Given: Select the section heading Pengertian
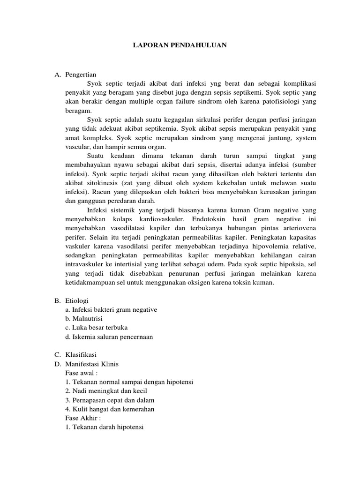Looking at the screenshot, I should [x=80, y=75].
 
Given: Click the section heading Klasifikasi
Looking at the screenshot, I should [x=81, y=355].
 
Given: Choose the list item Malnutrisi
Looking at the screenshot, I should [x=84, y=319].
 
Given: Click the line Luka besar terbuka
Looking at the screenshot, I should [x=97, y=328].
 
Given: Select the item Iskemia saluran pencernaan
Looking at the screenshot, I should [x=109, y=337].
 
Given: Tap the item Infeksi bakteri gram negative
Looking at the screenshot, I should [x=111, y=310].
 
